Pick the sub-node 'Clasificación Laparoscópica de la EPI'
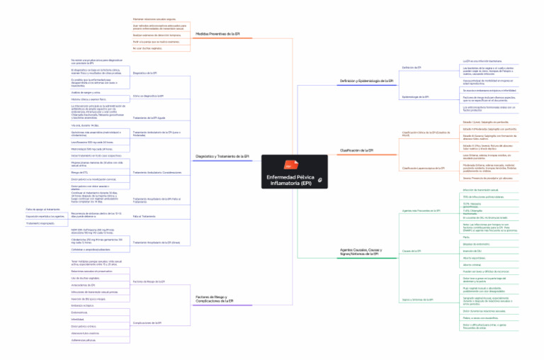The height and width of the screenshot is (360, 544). click(x=424, y=168)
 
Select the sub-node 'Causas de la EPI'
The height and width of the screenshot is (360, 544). click(x=412, y=251)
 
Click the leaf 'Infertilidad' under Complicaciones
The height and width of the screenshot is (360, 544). click(x=78, y=319)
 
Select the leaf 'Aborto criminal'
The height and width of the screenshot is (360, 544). click(x=471, y=264)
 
